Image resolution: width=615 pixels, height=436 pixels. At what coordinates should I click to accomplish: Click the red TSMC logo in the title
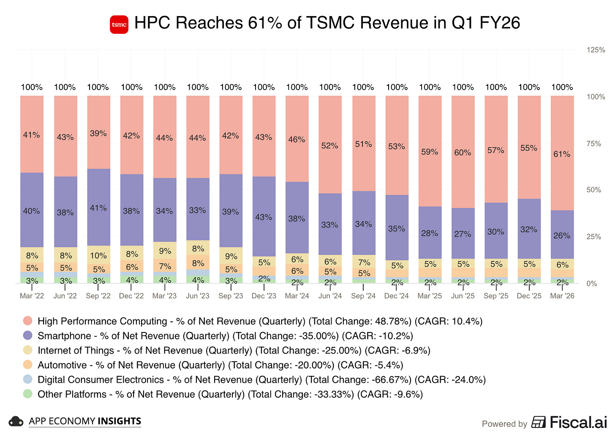(x=119, y=24)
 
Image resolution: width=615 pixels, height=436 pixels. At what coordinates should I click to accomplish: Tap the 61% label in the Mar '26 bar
(x=562, y=154)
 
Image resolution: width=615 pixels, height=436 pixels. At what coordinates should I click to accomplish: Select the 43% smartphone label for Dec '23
(x=264, y=217)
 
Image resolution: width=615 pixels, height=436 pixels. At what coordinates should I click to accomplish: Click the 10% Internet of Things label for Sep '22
(x=98, y=256)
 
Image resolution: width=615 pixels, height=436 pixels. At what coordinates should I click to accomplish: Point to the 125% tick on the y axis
(x=596, y=50)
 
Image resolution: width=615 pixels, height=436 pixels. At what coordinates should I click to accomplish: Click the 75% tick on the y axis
(x=594, y=144)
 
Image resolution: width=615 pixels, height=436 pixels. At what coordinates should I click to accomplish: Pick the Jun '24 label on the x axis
(x=330, y=296)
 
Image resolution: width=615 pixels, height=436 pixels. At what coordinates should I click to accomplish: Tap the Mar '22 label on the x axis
(x=32, y=296)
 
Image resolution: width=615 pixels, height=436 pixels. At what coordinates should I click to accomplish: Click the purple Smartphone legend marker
(x=28, y=335)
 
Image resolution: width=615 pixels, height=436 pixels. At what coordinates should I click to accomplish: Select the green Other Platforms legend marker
(x=28, y=394)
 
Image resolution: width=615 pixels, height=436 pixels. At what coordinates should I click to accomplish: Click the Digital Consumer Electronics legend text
(x=101, y=379)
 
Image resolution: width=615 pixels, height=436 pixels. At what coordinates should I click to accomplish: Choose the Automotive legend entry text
(x=62, y=365)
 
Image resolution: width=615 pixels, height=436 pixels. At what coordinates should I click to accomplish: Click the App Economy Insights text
(x=85, y=421)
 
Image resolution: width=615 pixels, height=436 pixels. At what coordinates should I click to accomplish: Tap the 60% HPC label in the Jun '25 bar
(x=463, y=153)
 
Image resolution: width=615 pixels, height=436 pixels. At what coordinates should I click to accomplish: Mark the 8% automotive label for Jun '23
(x=198, y=263)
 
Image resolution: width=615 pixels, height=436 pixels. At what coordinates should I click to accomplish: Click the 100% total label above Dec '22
(x=131, y=87)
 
